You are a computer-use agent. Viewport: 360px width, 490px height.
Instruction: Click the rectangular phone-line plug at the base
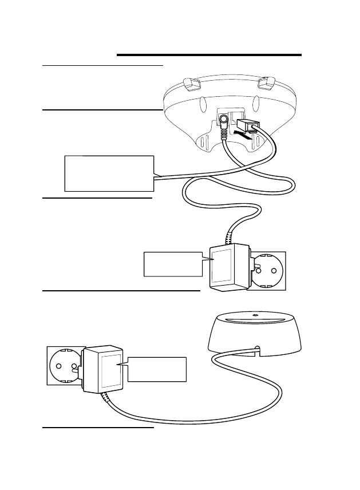pos(247,126)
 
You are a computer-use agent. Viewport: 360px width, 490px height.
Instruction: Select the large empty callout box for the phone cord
pos(109,172)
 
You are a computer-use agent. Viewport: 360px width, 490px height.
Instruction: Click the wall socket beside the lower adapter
pos(65,365)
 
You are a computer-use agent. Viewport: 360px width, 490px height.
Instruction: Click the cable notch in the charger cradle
pos(256,349)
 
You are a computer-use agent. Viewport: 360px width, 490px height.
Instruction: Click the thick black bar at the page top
pos(209,55)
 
